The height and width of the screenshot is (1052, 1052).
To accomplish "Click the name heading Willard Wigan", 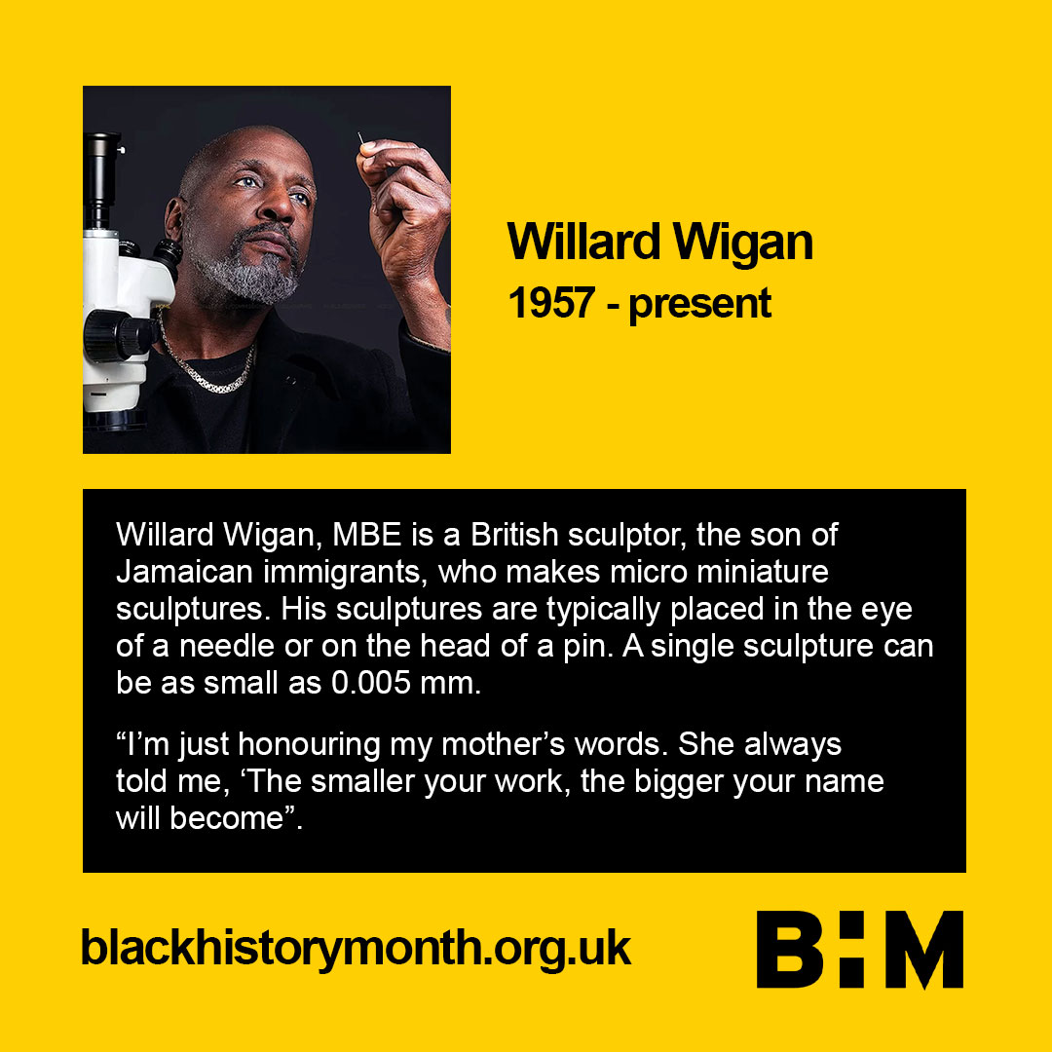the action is [660, 242].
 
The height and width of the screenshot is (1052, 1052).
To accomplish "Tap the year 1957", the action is [551, 303].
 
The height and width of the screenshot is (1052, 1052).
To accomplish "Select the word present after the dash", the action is [699, 306].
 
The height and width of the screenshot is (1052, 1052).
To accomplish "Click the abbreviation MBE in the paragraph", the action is [367, 535].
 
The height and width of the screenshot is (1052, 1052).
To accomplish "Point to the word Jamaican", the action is [184, 572].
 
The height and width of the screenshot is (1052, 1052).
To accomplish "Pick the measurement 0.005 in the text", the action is [371, 683].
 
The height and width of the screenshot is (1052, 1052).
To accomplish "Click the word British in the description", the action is [514, 535].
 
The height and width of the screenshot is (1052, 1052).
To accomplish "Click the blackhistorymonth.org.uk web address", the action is [356, 949].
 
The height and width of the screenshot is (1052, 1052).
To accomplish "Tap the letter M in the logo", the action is [924, 950].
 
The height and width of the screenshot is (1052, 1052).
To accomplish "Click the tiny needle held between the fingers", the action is [361, 138].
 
